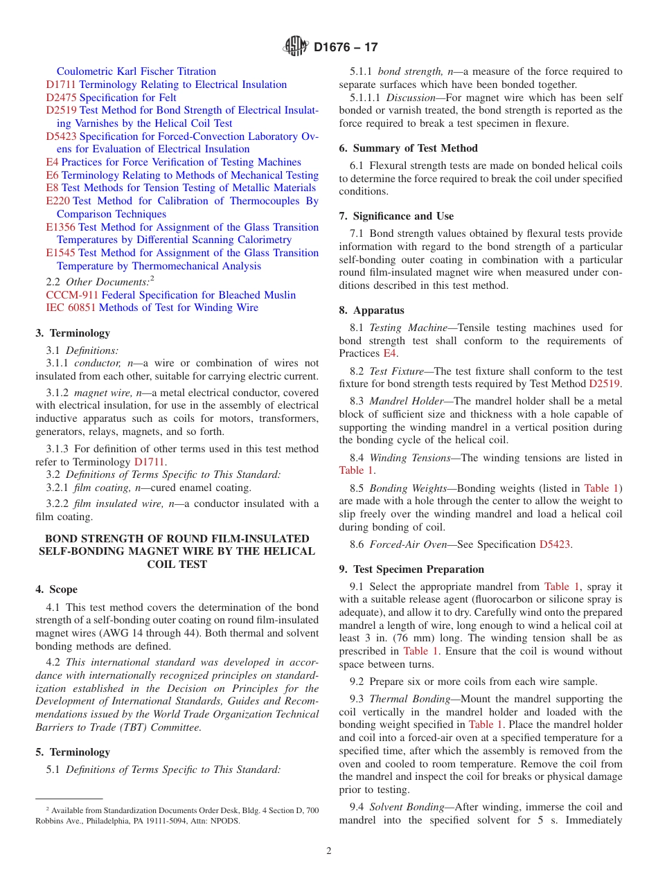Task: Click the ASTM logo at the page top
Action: [x=296, y=47]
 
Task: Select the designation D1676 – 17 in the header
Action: [x=346, y=48]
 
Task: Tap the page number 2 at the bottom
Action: [x=329, y=851]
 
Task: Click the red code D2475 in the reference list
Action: [x=61, y=98]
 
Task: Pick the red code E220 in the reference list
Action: [x=57, y=201]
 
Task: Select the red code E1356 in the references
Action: [x=61, y=227]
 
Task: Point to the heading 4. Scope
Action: [x=57, y=589]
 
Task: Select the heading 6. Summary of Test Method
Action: [x=408, y=148]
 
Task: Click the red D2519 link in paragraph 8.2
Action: [x=605, y=384]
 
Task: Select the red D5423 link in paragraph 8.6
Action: [x=554, y=544]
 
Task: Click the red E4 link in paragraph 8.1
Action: [x=389, y=353]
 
